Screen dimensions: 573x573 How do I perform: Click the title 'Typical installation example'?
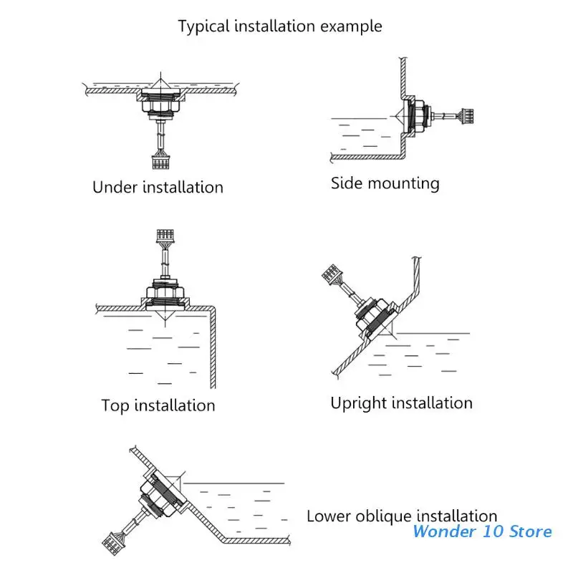pyautogui.click(x=280, y=27)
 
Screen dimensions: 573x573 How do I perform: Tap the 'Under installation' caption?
pyautogui.click(x=158, y=188)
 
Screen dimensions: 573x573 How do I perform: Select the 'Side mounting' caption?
pyautogui.click(x=385, y=183)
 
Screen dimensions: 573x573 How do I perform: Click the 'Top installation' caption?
pyautogui.click(x=158, y=405)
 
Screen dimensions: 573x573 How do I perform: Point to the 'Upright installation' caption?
pyautogui.click(x=401, y=403)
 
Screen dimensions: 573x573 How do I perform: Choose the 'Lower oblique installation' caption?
pyautogui.click(x=402, y=516)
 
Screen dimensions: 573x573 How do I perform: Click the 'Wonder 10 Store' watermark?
pyautogui.click(x=483, y=531)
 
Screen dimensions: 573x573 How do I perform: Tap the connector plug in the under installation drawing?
pyautogui.click(x=159, y=161)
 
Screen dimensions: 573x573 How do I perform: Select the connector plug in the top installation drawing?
pyautogui.click(x=165, y=236)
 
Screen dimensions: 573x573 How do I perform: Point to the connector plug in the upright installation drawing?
pyautogui.click(x=329, y=274)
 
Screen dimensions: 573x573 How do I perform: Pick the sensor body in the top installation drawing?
pyautogui.click(x=165, y=291)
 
